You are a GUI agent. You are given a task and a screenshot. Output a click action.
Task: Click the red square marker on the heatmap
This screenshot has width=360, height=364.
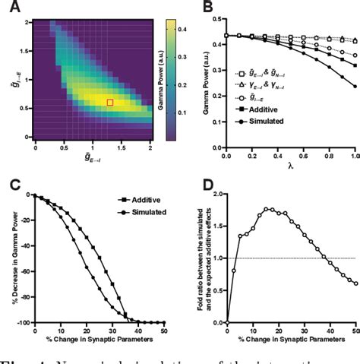(109, 102)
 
